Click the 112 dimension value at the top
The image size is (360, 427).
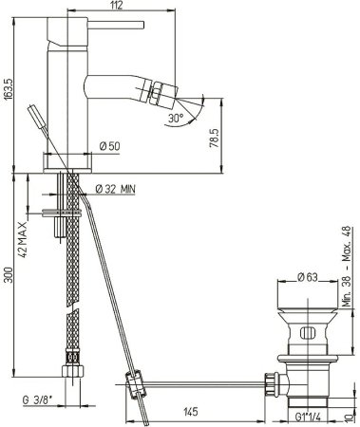pos(117,6)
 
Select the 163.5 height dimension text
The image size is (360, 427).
pos(9,89)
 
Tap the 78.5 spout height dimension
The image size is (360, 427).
pos(215,139)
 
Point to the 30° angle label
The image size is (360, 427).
pos(176,119)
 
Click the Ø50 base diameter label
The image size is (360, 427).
pos(109,146)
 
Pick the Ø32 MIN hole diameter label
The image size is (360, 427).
pos(115,189)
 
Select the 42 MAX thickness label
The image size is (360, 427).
pos(23,239)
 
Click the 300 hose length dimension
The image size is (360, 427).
pos(9,275)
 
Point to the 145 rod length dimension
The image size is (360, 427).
pos(191,412)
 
